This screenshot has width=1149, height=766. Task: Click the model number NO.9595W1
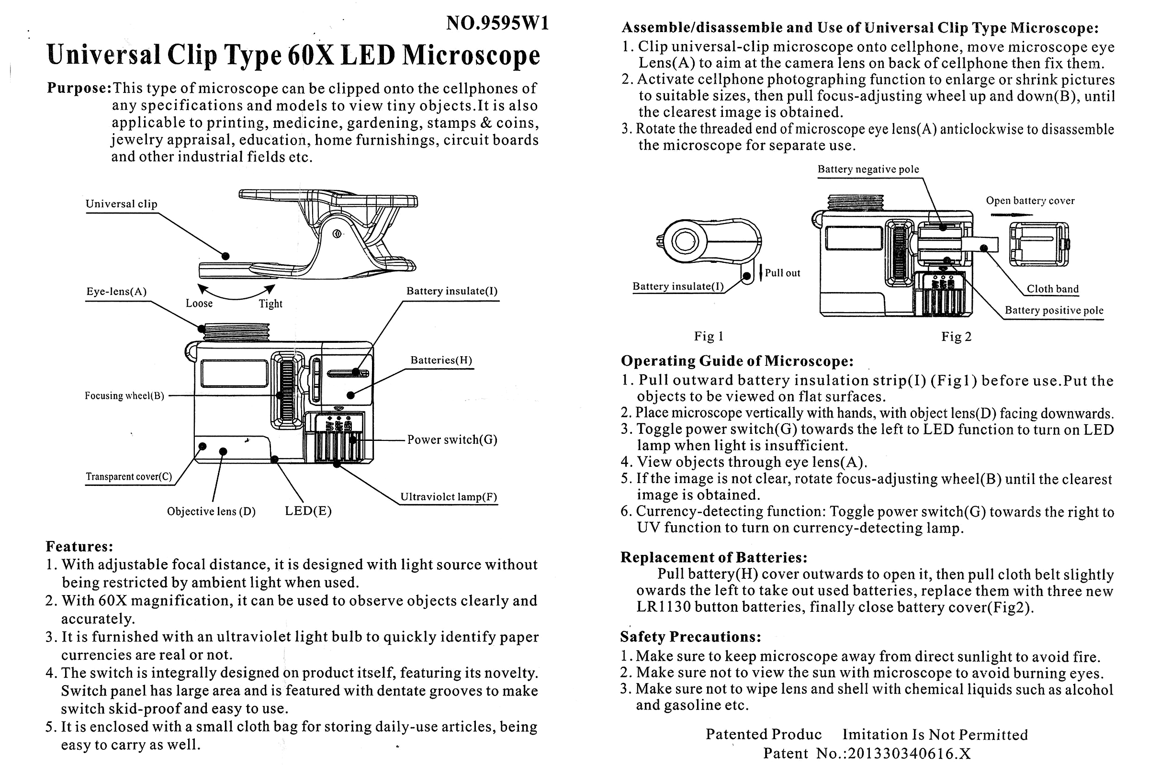click(x=497, y=23)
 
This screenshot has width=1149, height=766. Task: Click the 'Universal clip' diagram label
click(x=121, y=204)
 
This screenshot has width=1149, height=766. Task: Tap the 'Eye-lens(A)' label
click(x=116, y=292)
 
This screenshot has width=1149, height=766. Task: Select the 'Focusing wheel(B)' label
click(x=124, y=396)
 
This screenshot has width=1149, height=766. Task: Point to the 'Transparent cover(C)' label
click(x=129, y=477)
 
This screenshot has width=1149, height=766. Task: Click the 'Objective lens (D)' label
click(x=211, y=511)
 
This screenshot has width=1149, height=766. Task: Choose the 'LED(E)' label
click(x=308, y=511)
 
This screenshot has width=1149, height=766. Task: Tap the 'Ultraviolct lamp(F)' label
click(x=449, y=497)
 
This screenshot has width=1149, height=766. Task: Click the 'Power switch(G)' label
click(x=452, y=439)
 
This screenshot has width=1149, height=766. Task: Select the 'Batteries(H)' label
click(x=441, y=360)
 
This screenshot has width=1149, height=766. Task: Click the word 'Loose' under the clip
click(x=199, y=304)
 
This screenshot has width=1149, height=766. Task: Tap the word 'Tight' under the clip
click(x=270, y=304)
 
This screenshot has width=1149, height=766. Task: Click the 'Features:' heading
click(x=79, y=546)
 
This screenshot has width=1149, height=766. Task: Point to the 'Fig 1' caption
click(x=709, y=336)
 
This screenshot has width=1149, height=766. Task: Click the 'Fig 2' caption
click(x=956, y=337)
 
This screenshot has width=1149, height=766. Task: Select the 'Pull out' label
click(x=782, y=273)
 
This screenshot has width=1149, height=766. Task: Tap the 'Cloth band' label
click(x=1052, y=289)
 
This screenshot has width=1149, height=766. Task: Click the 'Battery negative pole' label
click(x=868, y=169)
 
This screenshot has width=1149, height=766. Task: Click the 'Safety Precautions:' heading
click(x=690, y=637)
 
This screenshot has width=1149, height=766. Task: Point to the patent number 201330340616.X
click(x=909, y=753)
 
